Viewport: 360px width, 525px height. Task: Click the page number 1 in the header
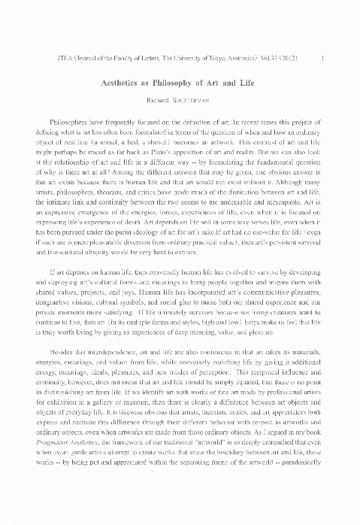(322, 56)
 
